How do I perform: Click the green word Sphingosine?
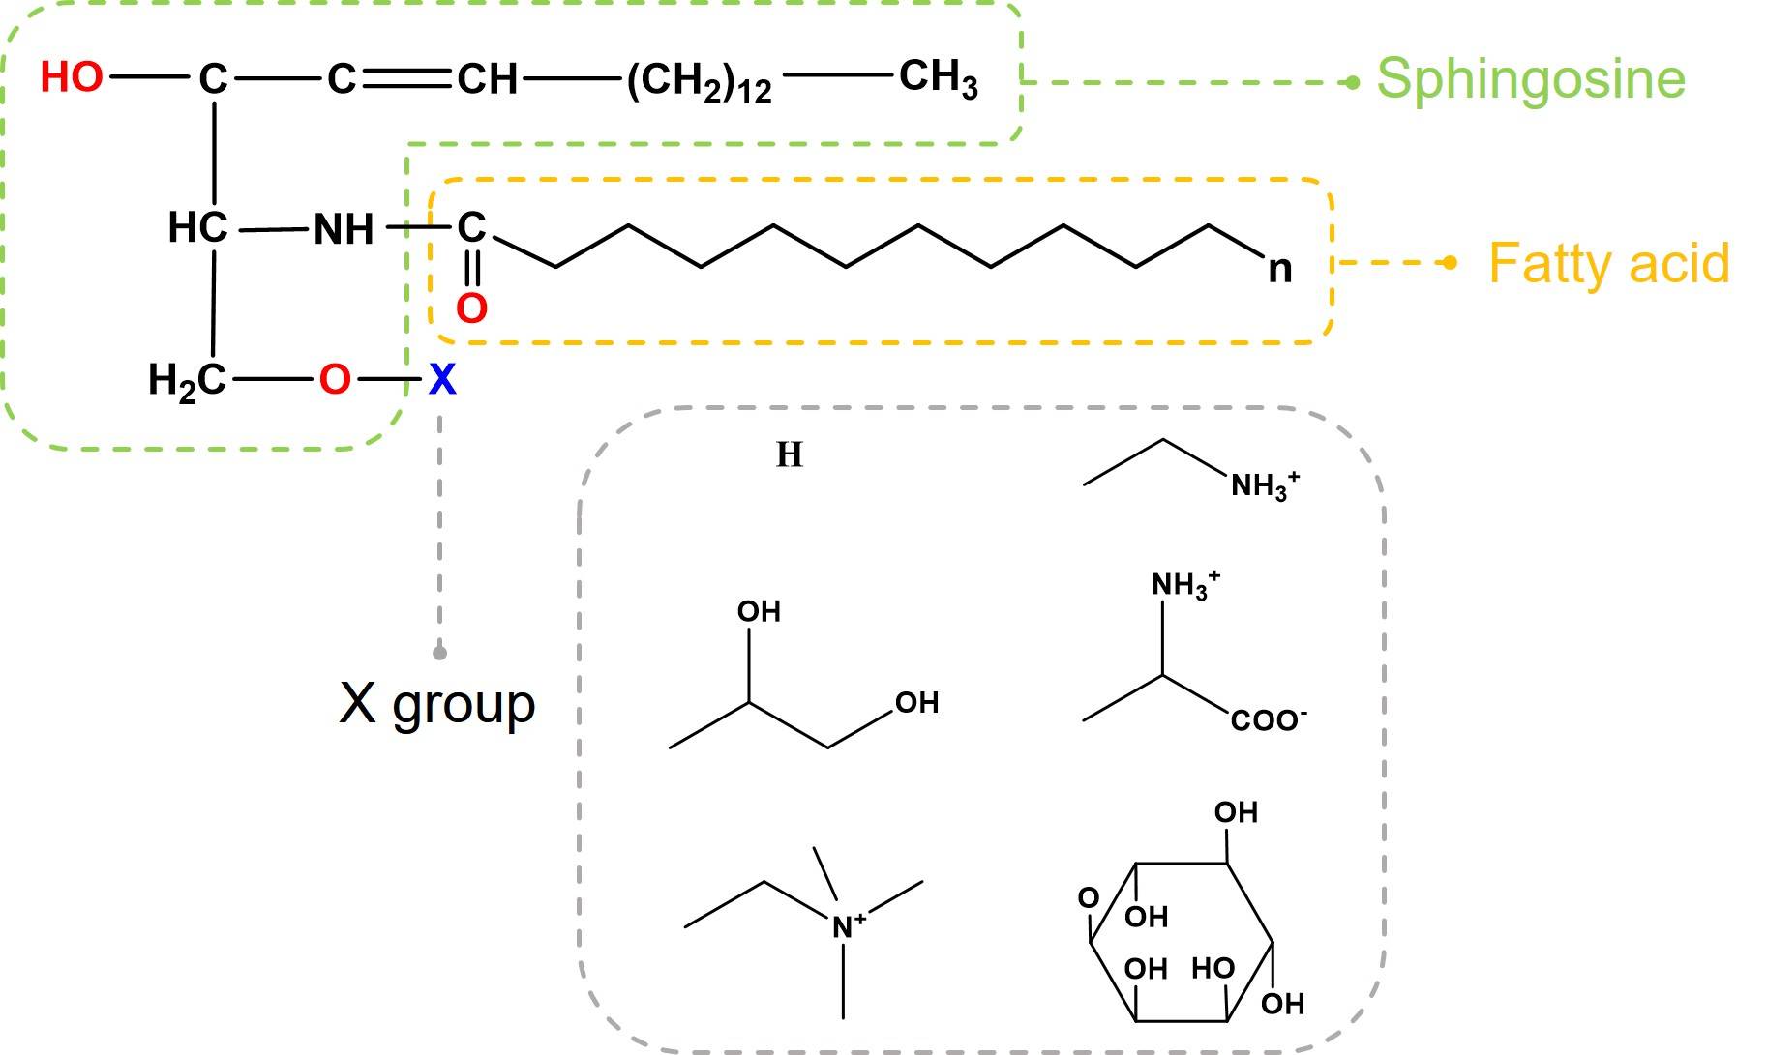click(x=1531, y=79)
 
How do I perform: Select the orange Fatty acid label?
click(x=1608, y=263)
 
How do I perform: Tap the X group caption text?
click(x=436, y=703)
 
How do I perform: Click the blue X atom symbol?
click(x=442, y=380)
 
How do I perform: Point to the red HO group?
click(x=72, y=77)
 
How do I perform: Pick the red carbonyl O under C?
click(x=471, y=308)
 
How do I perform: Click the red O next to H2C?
click(x=334, y=380)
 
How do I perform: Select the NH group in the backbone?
click(x=344, y=230)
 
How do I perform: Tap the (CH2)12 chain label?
click(x=699, y=81)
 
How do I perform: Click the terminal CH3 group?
click(x=938, y=77)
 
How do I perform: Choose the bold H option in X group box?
click(x=790, y=454)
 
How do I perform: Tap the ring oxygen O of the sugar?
click(x=1089, y=898)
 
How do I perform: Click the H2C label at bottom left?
click(x=186, y=381)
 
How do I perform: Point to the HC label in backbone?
click(x=197, y=228)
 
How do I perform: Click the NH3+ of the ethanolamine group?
click(x=1263, y=484)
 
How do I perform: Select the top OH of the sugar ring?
click(x=1236, y=812)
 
